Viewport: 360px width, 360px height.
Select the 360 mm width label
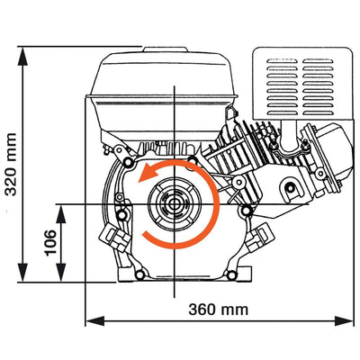click(219, 310)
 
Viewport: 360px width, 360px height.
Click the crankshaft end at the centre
click(171, 204)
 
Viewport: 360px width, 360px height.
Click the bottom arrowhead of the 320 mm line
click(24, 274)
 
